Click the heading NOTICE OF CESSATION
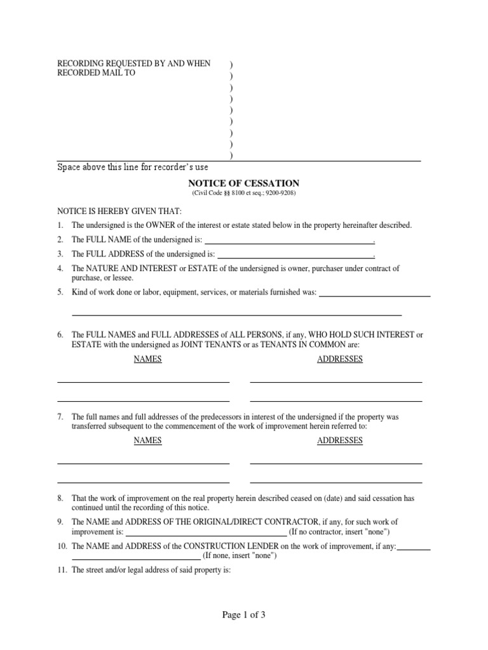coord(243,183)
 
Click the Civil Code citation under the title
coord(243,193)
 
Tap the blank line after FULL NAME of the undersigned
coord(289,242)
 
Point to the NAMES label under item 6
coord(147,359)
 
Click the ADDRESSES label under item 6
coord(340,359)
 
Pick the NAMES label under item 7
coord(147,441)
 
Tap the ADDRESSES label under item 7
coord(340,441)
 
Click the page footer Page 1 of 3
coord(243,614)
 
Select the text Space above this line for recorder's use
coord(133,168)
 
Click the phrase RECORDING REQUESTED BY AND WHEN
coord(134,64)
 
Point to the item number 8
coord(60,499)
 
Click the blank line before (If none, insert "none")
coord(136,559)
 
